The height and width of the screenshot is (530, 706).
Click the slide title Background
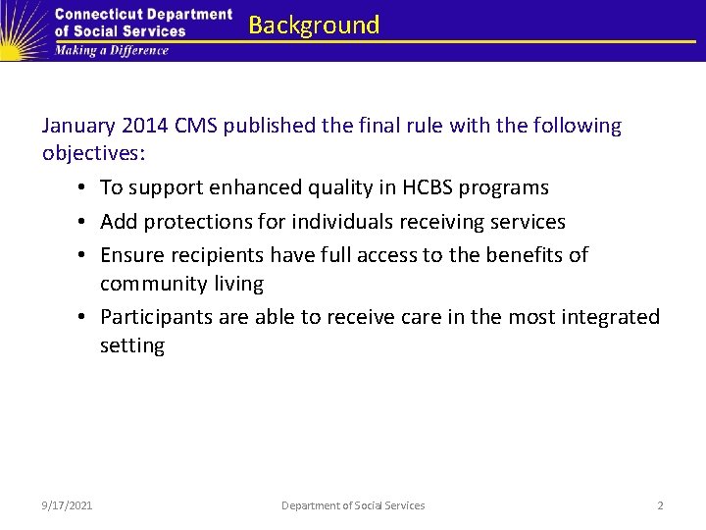pos(314,26)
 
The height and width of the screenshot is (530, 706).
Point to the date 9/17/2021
pos(68,505)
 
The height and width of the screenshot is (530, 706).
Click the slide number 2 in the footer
pos(660,505)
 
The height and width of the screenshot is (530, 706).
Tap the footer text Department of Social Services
pos(353,505)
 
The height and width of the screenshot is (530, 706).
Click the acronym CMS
pos(199,127)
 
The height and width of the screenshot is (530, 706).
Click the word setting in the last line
pos(132,345)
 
